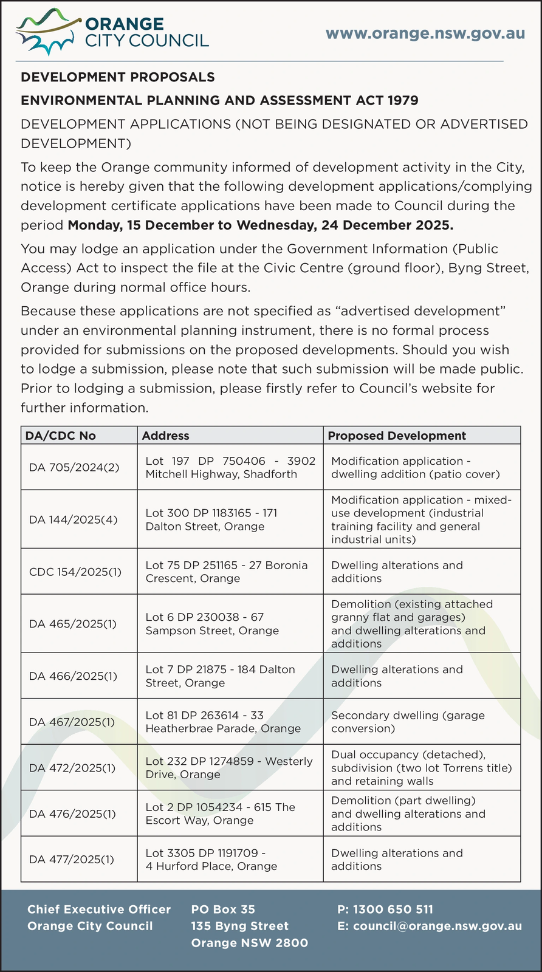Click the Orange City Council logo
pyautogui.click(x=113, y=32)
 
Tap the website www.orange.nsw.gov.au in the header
pyautogui.click(x=425, y=33)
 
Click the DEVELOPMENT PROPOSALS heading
pyautogui.click(x=118, y=77)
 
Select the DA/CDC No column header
pyautogui.click(x=60, y=436)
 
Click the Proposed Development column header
pyautogui.click(x=397, y=436)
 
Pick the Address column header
pyautogui.click(x=165, y=436)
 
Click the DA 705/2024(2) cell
pyautogui.click(x=74, y=468)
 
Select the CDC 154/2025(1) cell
pyautogui.click(x=75, y=572)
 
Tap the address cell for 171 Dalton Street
pyautogui.click(x=211, y=519)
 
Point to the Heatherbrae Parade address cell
pyautogui.click(x=223, y=722)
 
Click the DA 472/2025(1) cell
pyautogui.click(x=72, y=768)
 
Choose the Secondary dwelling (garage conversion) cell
pyautogui.click(x=408, y=722)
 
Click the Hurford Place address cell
pyautogui.click(x=211, y=860)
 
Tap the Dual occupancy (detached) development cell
pyautogui.click(x=421, y=768)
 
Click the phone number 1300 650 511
pyautogui.click(x=385, y=909)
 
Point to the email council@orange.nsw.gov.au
pyautogui.click(x=430, y=926)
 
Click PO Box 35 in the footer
pyautogui.click(x=223, y=909)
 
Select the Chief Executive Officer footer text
pyautogui.click(x=99, y=909)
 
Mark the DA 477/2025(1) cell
pyautogui.click(x=71, y=860)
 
